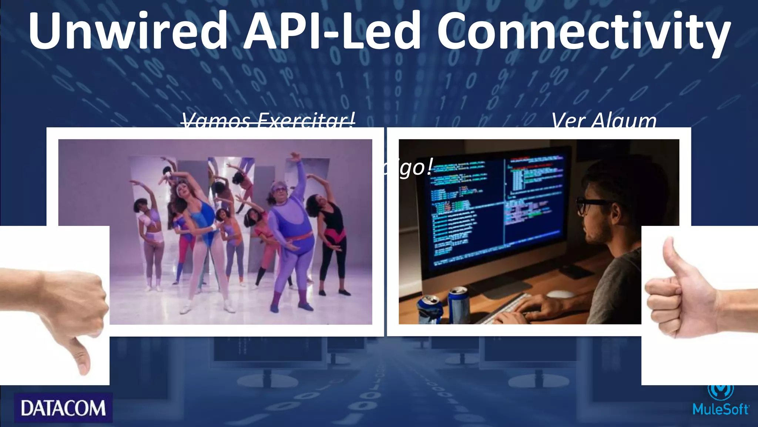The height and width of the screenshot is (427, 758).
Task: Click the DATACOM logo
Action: tap(63, 408)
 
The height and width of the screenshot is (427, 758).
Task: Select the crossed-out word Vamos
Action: tap(216, 120)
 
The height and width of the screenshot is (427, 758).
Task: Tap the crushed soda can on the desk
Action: tap(430, 309)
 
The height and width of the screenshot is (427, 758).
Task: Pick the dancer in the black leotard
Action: tap(332, 237)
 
